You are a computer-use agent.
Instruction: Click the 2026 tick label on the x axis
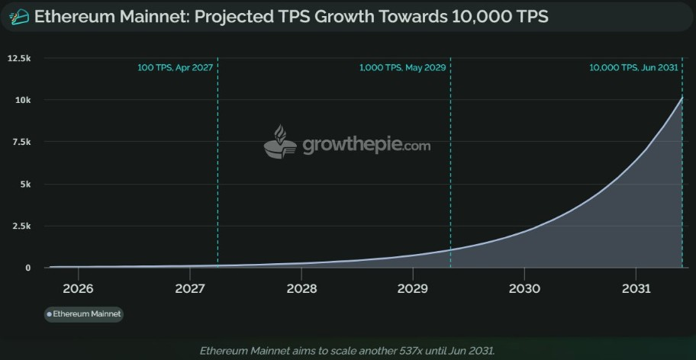78,289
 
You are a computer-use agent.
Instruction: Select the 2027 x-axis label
190,289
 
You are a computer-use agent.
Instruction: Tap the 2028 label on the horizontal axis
302,289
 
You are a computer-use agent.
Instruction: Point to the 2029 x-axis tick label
412,289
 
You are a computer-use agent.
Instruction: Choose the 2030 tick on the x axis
524,289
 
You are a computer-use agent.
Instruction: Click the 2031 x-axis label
636,289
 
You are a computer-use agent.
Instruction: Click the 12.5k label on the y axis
18,58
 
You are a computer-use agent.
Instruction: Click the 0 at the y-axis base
28,268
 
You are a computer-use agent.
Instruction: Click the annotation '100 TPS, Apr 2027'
175,68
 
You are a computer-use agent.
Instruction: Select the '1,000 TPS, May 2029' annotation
402,68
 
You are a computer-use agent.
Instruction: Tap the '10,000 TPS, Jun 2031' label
633,68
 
